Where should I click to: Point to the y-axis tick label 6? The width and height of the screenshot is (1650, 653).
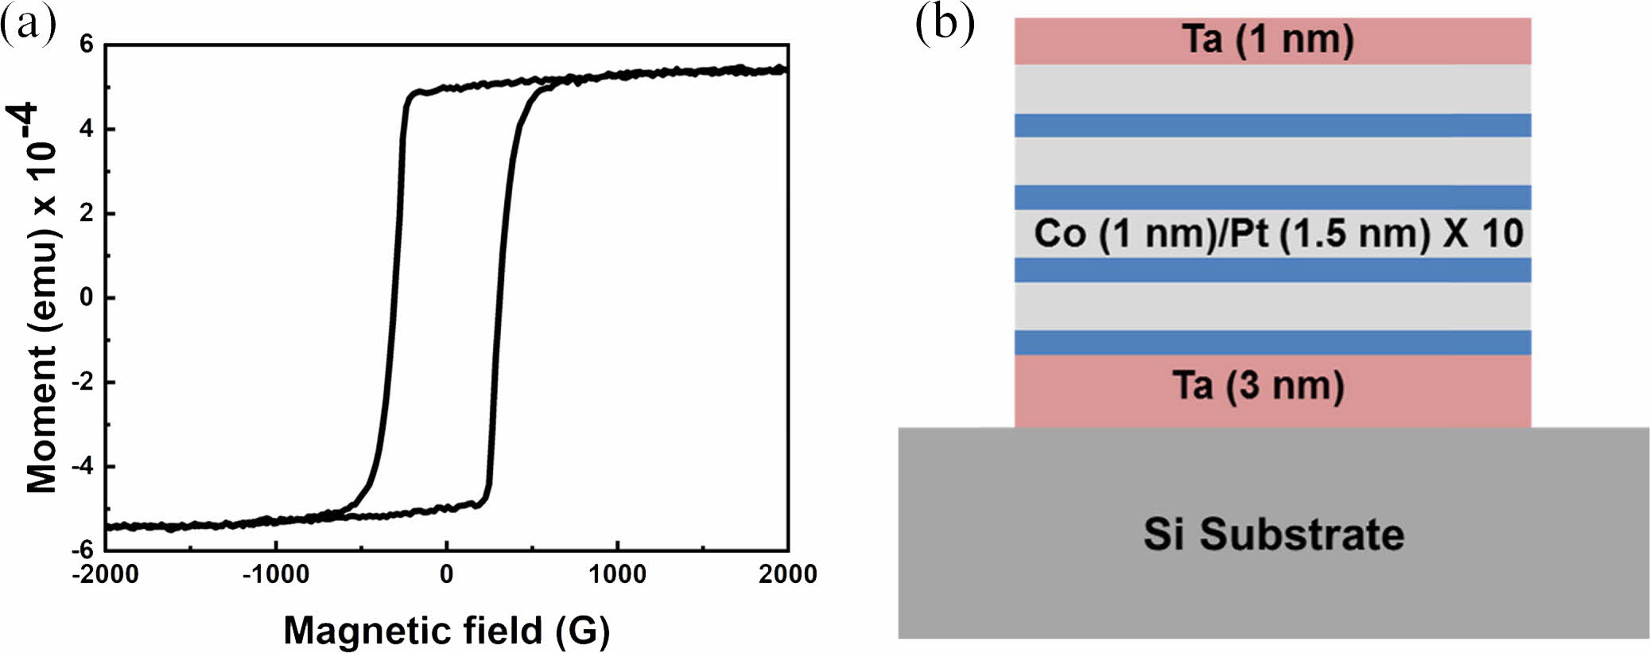point(86,45)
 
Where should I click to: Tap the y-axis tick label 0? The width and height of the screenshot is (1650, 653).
point(86,297)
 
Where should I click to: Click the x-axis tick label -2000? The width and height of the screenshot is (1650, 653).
point(105,574)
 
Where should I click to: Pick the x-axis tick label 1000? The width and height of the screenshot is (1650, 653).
point(617,574)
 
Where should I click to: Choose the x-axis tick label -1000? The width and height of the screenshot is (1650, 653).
point(275,574)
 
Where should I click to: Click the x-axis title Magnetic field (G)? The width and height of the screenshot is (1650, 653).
point(446,630)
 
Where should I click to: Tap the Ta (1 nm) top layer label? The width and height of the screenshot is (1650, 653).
point(1268,40)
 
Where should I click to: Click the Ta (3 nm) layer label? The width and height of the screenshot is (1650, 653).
point(1259,387)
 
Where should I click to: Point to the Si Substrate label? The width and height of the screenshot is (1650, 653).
point(1273,534)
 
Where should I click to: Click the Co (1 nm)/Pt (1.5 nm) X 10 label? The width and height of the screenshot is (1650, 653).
point(1279,234)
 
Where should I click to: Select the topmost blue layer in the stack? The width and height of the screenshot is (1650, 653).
point(1272,125)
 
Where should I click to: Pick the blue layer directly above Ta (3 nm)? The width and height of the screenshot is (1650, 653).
point(1272,342)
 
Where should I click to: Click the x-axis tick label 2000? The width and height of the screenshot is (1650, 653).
point(787,574)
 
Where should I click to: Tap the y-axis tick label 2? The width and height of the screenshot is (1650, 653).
point(86,213)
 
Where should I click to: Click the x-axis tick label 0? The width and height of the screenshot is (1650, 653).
point(447,574)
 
